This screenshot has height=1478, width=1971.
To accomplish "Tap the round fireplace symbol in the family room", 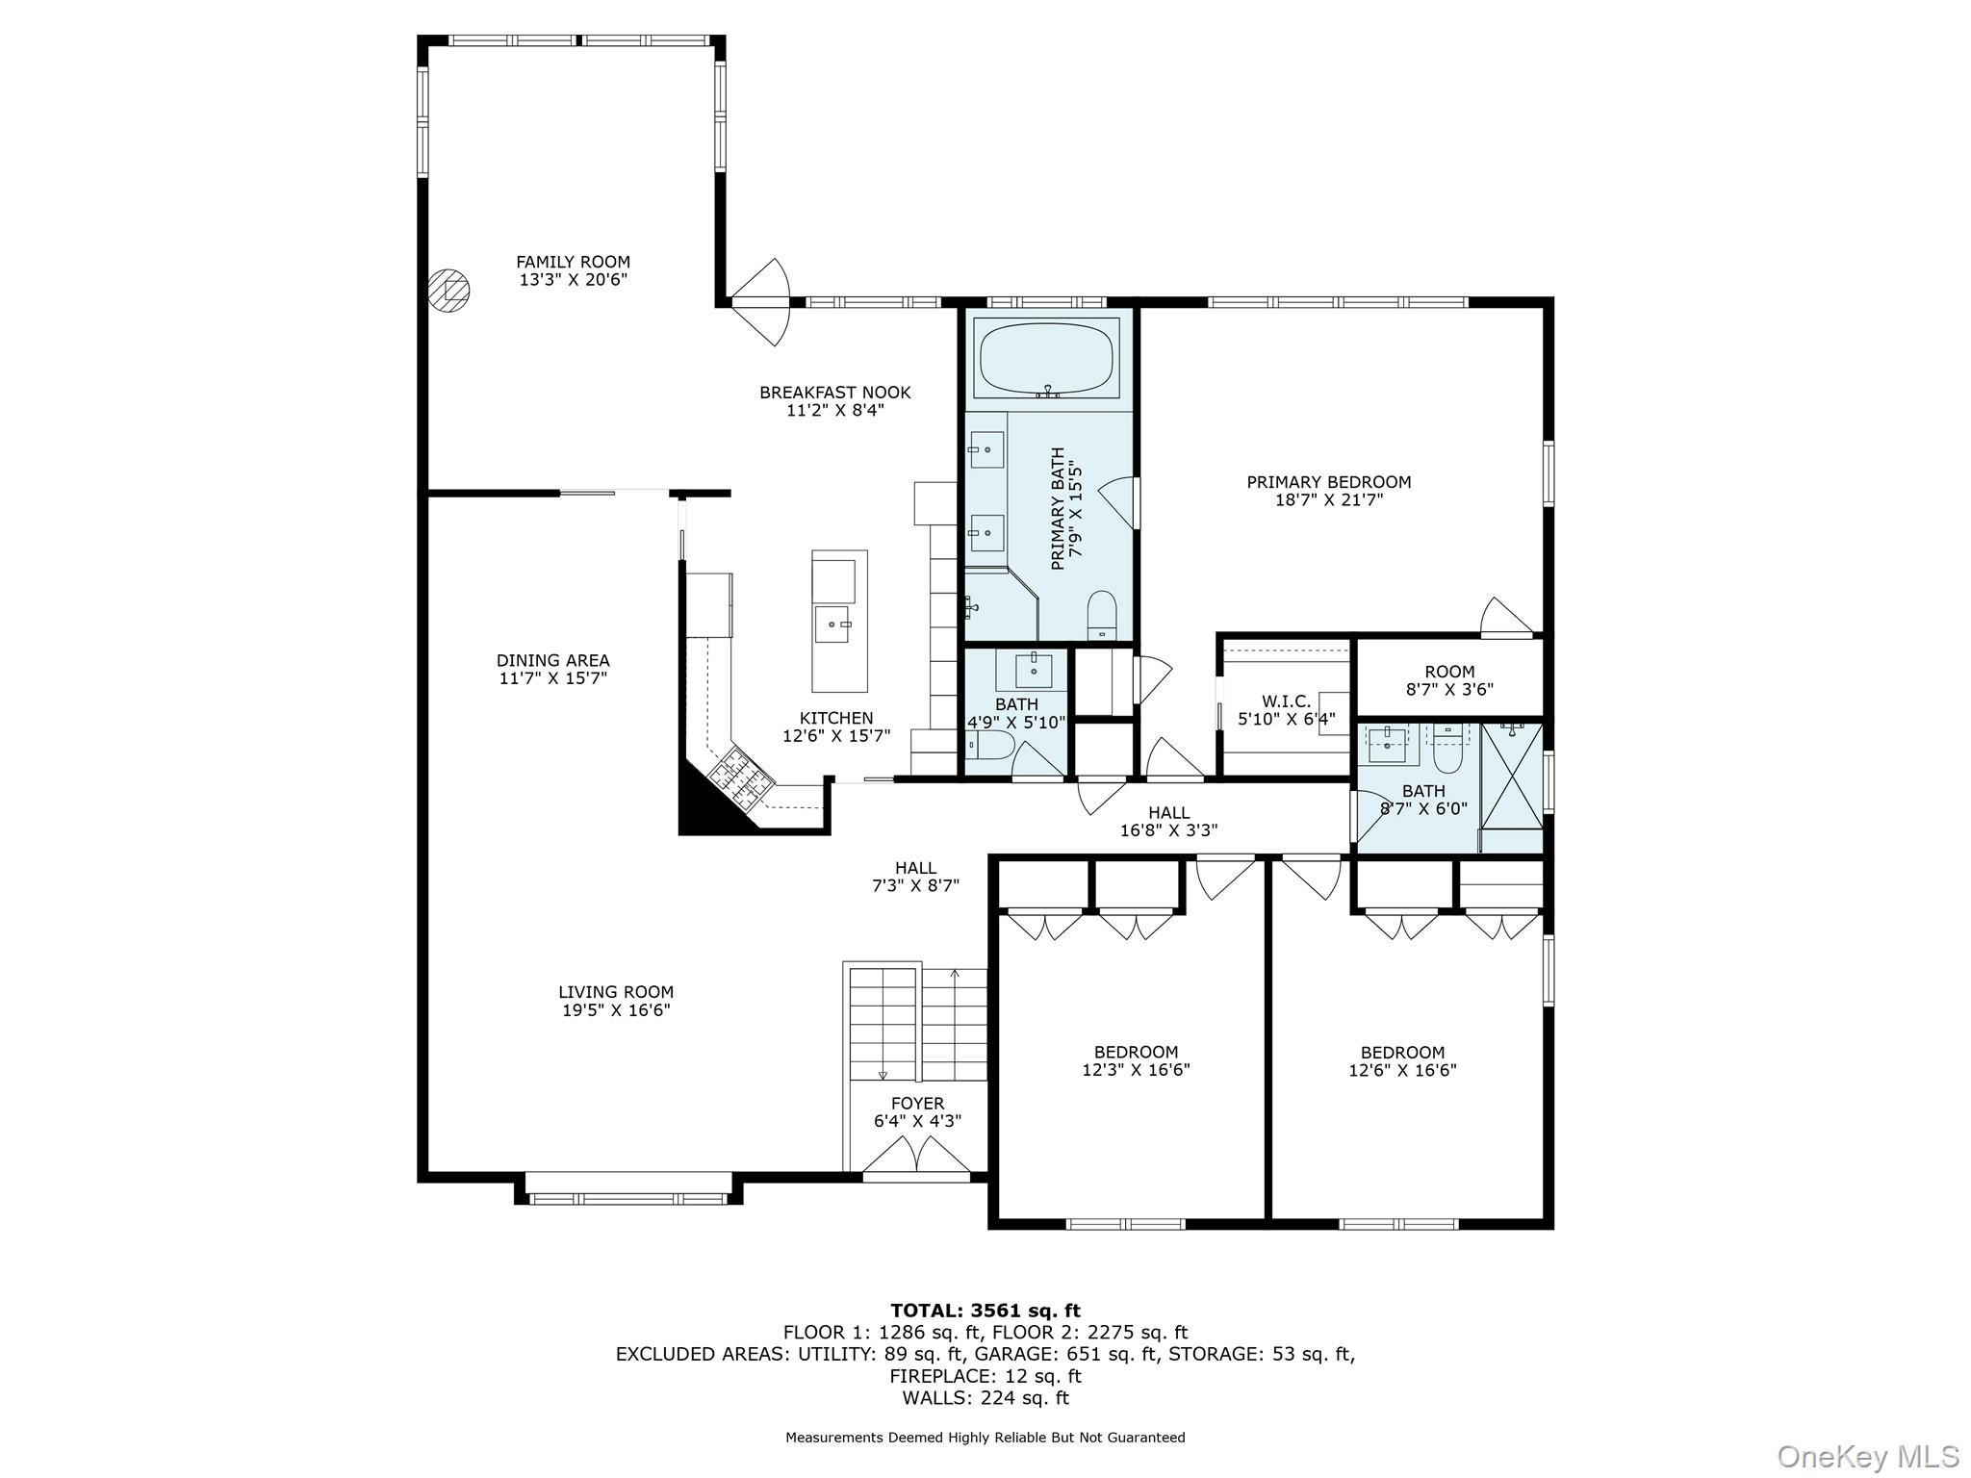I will pos(448,289).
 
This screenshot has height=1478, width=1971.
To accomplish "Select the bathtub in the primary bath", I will pos(1047,357).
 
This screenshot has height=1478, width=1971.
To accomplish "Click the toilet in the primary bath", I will pos(1101,616).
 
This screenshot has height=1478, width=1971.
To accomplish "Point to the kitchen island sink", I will pos(833,624).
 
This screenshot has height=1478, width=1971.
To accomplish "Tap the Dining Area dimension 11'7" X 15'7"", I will pos(552,678).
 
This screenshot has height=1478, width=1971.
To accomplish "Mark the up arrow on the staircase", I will pos(954,974).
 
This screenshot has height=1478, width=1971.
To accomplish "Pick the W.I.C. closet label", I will pos(1286,701).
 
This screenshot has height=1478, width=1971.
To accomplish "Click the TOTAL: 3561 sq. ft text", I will pos(985,1311).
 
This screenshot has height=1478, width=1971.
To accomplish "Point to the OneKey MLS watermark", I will pos(1867,1456).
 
